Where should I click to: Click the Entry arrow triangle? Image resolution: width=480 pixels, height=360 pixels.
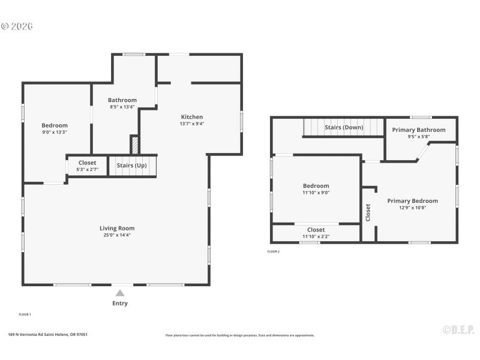[120, 293]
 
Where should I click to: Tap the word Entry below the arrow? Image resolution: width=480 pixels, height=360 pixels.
[120, 304]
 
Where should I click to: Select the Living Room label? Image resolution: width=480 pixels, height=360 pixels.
[117, 228]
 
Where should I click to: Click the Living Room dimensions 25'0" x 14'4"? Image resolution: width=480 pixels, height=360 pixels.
[117, 235]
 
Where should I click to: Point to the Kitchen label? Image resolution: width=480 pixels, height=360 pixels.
[192, 117]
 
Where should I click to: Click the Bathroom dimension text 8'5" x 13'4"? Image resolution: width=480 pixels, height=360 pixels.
[122, 107]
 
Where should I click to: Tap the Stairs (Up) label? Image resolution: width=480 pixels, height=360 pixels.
[132, 166]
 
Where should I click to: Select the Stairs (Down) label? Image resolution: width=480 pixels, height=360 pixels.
[344, 127]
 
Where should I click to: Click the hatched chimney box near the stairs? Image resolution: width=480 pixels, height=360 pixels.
[135, 145]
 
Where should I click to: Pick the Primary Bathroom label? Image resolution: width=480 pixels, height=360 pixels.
[419, 130]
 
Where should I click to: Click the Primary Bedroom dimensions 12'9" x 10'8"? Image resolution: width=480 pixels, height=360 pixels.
[412, 208]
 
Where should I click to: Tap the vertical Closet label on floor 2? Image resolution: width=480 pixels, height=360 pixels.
[368, 211]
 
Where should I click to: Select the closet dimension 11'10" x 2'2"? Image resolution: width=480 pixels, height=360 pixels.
[316, 236]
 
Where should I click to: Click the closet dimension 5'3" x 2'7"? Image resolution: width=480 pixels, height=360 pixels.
[87, 169]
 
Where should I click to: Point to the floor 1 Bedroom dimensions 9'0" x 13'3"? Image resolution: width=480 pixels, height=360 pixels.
[55, 132]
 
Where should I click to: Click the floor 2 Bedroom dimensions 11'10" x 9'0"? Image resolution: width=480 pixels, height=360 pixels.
[316, 193]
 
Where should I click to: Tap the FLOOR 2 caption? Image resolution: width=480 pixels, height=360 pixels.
[274, 251]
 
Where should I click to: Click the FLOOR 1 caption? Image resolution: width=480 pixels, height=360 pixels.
[25, 314]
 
